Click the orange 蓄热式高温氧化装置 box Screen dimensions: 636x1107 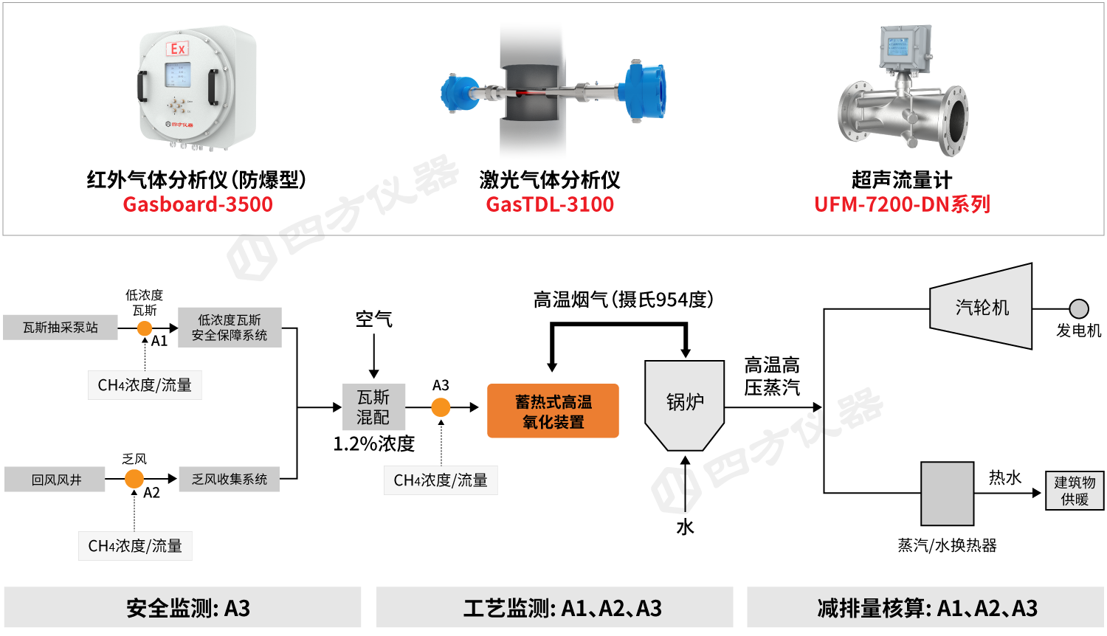553,411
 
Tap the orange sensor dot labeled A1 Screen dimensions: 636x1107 145,328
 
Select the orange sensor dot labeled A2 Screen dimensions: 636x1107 134,479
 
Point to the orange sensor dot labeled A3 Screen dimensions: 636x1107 441,407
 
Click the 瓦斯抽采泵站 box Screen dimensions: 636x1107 60,328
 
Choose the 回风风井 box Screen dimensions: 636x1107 56,480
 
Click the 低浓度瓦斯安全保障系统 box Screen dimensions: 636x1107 230,328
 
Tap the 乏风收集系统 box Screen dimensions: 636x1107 230,480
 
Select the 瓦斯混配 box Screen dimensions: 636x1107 373,407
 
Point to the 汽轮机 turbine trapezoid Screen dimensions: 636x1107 982,307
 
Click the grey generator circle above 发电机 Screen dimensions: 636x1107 1079,308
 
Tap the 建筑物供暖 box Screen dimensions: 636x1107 1075,491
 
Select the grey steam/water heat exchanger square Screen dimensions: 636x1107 947,494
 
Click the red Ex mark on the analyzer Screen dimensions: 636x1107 178,49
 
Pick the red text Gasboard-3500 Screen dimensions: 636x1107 198,204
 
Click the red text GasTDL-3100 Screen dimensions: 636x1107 550,204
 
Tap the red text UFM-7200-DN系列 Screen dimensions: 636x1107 902,204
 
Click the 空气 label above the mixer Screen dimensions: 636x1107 374,319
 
